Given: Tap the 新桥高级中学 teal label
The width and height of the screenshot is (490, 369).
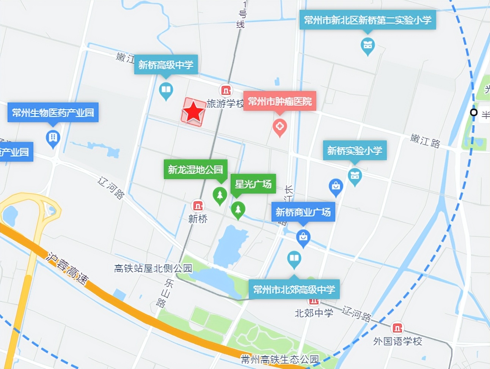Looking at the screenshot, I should click(166, 65).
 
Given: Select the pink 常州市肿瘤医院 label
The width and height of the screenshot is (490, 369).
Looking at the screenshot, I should click(280, 101).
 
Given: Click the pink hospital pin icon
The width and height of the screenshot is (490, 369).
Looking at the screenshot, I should click(280, 127).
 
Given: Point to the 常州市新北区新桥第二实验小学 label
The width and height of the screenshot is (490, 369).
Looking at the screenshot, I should click(367, 20).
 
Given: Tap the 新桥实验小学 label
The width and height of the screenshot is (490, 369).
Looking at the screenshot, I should click(355, 151).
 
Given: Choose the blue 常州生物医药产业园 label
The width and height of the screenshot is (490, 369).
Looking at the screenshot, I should click(53, 112).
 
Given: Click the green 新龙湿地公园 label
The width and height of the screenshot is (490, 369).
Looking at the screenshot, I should click(195, 169).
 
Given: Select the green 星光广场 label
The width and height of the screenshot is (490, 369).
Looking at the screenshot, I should click(253, 184).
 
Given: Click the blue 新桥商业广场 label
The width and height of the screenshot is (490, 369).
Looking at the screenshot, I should click(303, 212).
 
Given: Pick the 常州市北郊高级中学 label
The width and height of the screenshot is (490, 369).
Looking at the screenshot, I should click(294, 290).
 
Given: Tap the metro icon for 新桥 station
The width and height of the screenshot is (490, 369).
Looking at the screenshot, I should click(198, 206).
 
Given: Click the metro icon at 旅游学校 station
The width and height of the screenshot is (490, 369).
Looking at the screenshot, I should click(226, 90).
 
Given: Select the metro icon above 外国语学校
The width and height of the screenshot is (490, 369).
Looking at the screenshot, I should click(397, 328).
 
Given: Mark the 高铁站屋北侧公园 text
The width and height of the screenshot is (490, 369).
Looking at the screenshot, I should click(153, 268).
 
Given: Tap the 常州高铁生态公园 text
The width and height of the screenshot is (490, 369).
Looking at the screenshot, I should click(280, 359).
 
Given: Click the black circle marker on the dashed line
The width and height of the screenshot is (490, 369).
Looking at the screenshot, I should click(473, 112).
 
